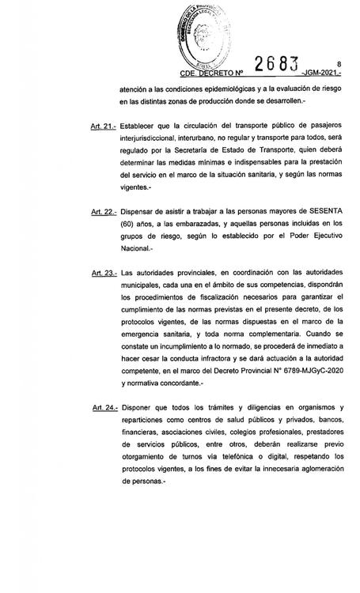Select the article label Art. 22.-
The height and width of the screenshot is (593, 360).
104,213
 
